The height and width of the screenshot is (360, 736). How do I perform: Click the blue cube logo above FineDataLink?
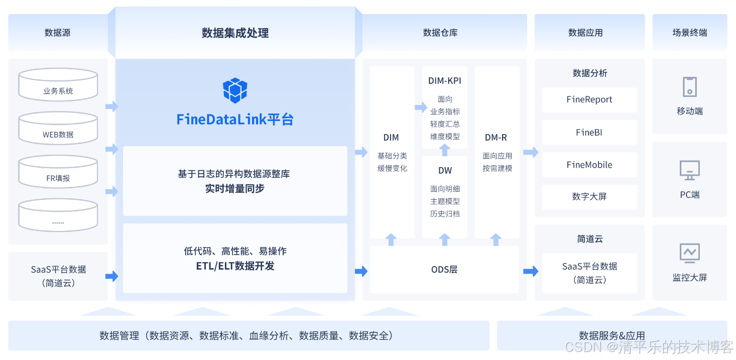coord(235,90)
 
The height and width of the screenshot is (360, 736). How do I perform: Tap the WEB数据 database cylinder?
coord(58,128)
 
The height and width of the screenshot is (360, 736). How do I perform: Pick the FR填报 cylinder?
coord(58,172)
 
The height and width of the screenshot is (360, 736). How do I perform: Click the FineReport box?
coord(589,99)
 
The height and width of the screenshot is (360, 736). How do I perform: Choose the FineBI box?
coord(589,133)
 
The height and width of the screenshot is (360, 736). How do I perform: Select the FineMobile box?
coord(589,165)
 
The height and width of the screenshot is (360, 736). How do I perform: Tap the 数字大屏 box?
coord(589,197)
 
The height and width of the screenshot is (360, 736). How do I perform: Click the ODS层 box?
coord(444,270)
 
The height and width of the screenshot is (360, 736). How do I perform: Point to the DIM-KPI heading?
coord(445,81)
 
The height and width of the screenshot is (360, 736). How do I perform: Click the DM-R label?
coord(496,138)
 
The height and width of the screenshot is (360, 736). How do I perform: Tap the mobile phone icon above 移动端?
coord(689,87)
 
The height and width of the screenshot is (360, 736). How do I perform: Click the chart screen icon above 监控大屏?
coord(689,253)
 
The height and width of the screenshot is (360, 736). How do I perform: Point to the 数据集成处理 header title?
coord(235,33)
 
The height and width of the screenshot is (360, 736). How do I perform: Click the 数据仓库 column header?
coord(440,33)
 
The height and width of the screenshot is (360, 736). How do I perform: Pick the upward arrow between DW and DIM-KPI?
coord(445,150)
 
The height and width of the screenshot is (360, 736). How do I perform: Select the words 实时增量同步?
coord(235,189)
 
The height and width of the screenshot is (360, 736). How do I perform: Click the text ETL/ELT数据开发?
coord(235,266)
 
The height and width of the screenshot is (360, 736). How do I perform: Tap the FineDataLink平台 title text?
coord(235,119)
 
